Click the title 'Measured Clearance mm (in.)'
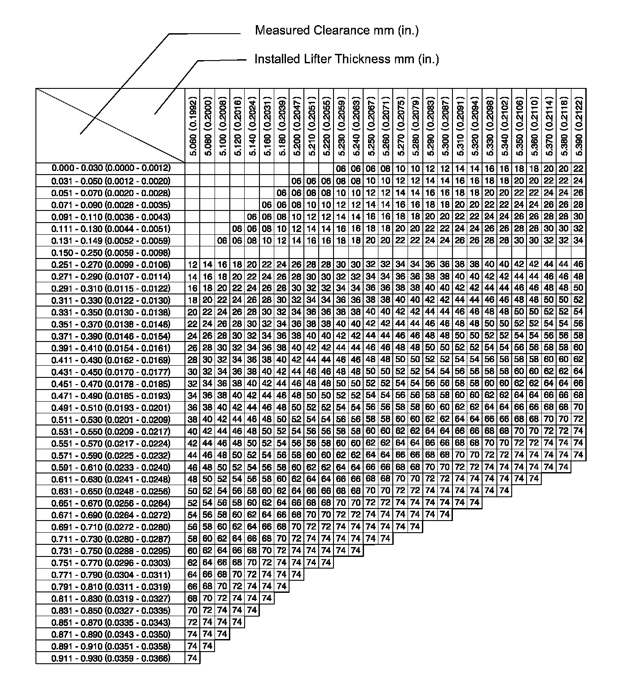[x=337, y=31]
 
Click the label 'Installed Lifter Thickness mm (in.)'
[x=347, y=59]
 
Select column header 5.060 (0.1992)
[x=193, y=126]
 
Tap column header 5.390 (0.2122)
[x=579, y=126]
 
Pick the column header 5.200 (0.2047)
[x=296, y=126]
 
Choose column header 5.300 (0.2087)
[x=445, y=126]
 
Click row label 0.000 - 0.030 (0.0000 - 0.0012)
[x=111, y=168]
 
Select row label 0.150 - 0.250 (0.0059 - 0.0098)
[x=111, y=252]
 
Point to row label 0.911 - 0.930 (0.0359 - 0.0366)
[x=111, y=658]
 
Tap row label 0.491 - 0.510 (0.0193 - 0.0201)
[x=111, y=407]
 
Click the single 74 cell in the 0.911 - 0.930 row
[x=193, y=658]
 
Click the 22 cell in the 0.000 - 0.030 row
[x=579, y=169]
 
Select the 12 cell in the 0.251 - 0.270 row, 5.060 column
[x=193, y=264]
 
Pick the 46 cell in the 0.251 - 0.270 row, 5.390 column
[x=579, y=264]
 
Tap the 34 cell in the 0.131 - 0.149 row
[x=579, y=241]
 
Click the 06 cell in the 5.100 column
[x=222, y=241]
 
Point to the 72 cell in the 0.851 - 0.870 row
[x=193, y=622]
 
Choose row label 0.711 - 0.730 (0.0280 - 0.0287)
[x=111, y=539]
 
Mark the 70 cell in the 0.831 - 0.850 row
[x=193, y=610]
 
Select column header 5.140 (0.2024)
[x=252, y=126]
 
